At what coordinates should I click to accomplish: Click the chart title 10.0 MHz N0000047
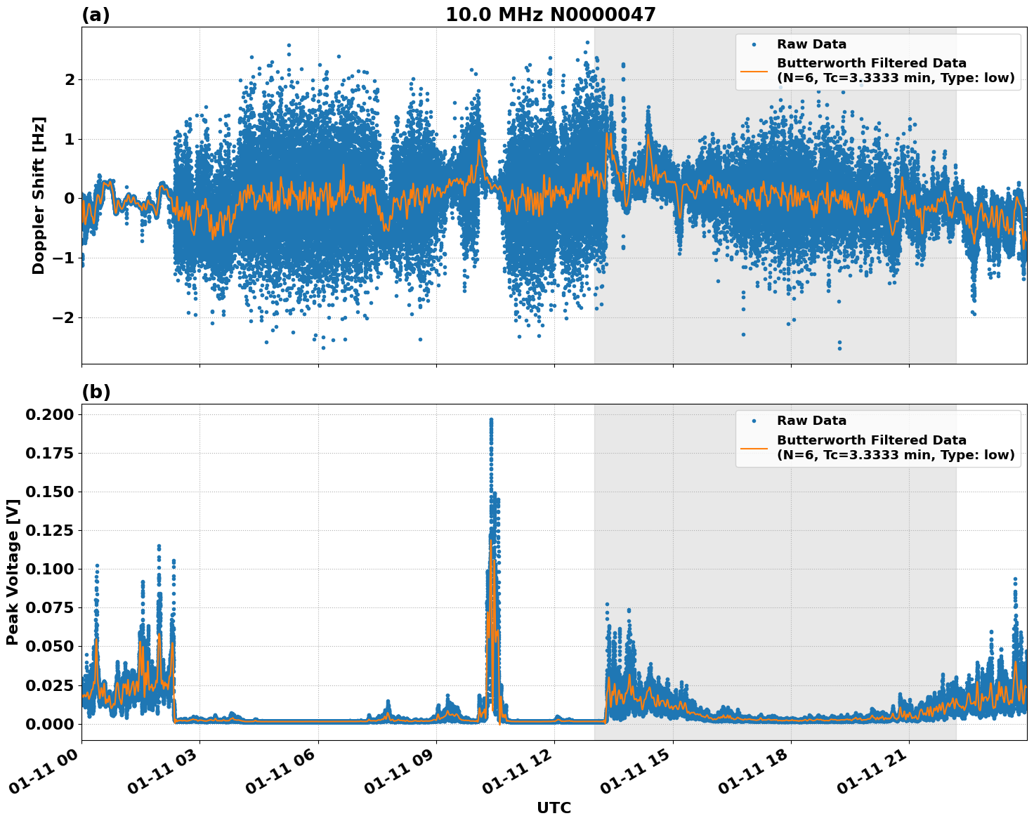pos(550,15)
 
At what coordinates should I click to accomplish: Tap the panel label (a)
pos(96,15)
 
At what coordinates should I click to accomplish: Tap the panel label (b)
pos(96,392)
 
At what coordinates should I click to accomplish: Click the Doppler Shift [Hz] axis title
pos(39,196)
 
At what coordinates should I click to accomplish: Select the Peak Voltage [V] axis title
pos(12,572)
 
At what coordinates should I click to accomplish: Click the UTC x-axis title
pos(554,808)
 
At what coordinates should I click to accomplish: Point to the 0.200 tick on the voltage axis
pos(49,414)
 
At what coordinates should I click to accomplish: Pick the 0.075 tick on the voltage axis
pos(49,607)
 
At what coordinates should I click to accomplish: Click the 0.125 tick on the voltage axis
pos(49,530)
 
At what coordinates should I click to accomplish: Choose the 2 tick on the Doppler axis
pos(69,79)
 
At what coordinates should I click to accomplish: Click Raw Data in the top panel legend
pos(811,44)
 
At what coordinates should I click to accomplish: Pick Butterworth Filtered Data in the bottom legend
pos(871,440)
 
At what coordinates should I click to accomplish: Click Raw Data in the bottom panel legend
pos(811,421)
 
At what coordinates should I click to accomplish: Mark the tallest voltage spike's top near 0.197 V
pos(491,420)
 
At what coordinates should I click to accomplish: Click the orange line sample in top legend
pos(754,70)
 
